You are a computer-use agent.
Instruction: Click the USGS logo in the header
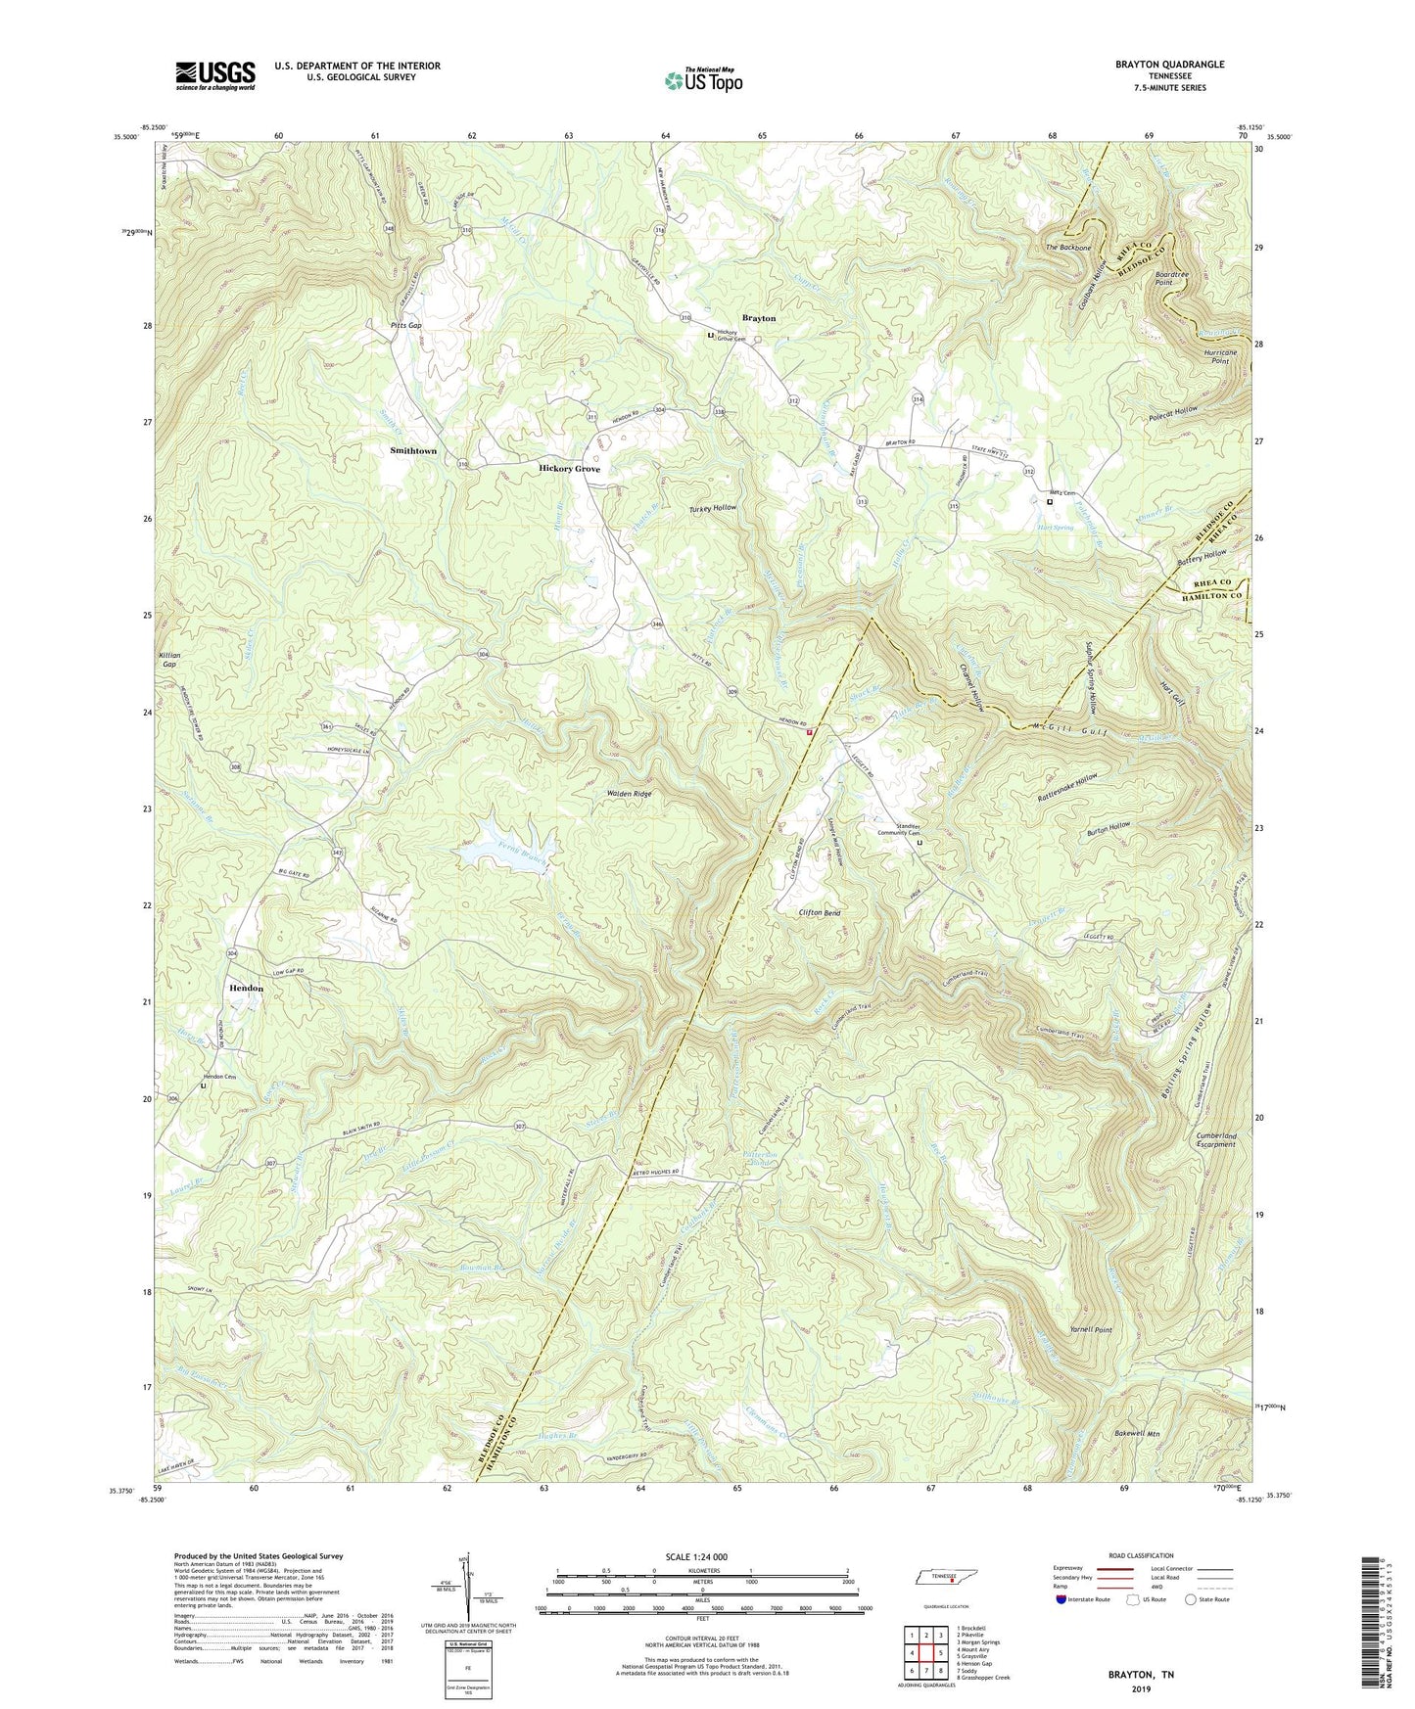point(215,74)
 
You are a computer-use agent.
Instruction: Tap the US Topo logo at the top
point(703,80)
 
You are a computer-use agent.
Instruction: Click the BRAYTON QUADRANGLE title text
point(1169,65)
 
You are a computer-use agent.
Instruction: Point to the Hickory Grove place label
point(569,469)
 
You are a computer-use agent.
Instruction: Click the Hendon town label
point(246,989)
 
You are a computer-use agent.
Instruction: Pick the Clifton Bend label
point(819,912)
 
